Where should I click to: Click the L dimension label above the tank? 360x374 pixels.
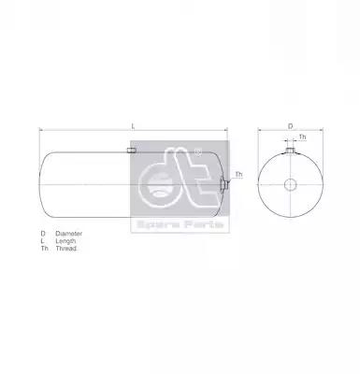[133, 126]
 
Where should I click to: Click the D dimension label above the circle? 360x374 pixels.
[290, 126]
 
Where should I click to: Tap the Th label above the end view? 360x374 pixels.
[302, 137]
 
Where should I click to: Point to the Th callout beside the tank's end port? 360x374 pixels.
[238, 174]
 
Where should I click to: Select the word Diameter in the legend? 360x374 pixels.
[69, 234]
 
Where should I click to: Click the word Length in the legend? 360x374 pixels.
[65, 241]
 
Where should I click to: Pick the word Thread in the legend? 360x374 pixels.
[66, 249]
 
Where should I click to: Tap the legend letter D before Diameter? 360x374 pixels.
[43, 234]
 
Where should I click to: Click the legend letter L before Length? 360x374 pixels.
[42, 241]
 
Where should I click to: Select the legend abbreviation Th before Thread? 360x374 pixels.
[45, 249]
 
